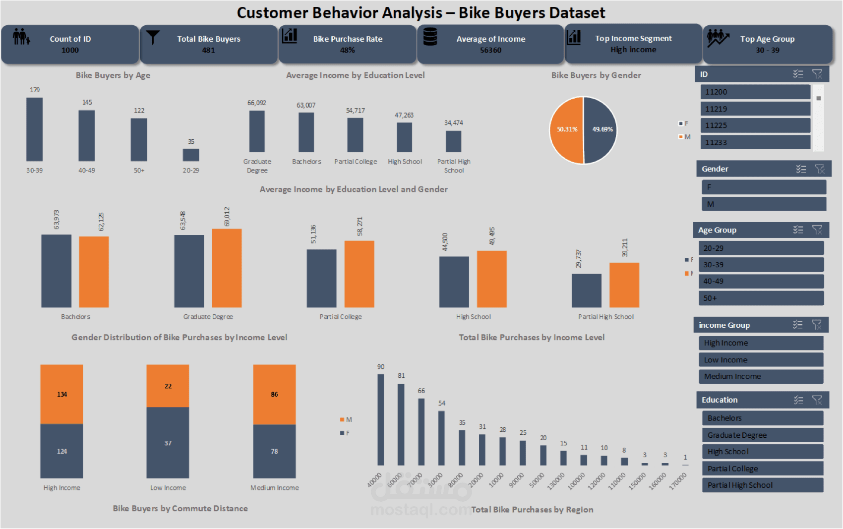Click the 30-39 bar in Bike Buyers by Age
tap(34, 129)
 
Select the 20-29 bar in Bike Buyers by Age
tap(191, 155)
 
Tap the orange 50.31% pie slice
tap(567, 129)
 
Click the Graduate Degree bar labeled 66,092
tap(257, 131)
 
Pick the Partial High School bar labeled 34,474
tap(454, 141)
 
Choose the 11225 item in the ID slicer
tap(755, 125)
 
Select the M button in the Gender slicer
tap(764, 204)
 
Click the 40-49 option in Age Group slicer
tap(761, 281)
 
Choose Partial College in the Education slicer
tap(763, 469)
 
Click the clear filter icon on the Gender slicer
tap(820, 169)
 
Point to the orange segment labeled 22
tap(168, 386)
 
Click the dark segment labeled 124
tap(61, 451)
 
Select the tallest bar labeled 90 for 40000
tap(381, 419)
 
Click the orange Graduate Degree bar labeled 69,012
tap(227, 268)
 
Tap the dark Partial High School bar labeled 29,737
tap(586, 291)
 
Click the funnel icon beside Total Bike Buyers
tap(153, 38)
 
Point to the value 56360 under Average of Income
tap(490, 50)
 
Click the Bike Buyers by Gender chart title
tap(596, 75)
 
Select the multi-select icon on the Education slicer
tap(798, 400)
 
